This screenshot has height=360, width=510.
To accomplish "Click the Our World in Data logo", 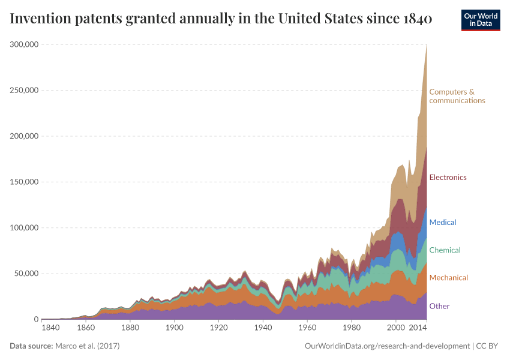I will (x=481, y=20).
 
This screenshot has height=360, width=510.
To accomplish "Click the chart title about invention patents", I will (x=221, y=19).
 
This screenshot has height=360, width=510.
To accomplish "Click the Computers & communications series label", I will (x=457, y=96).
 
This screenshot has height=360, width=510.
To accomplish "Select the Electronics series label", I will (x=448, y=178).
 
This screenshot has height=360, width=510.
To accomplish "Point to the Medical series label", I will (x=442, y=223).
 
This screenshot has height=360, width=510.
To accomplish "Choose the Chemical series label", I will (x=445, y=250).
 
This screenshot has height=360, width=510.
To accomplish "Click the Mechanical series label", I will (x=448, y=278).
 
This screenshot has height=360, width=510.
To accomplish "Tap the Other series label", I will (x=439, y=307).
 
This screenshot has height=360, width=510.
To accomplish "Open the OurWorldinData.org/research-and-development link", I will (x=387, y=346).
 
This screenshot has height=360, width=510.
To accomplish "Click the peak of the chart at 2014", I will (x=427, y=46).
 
